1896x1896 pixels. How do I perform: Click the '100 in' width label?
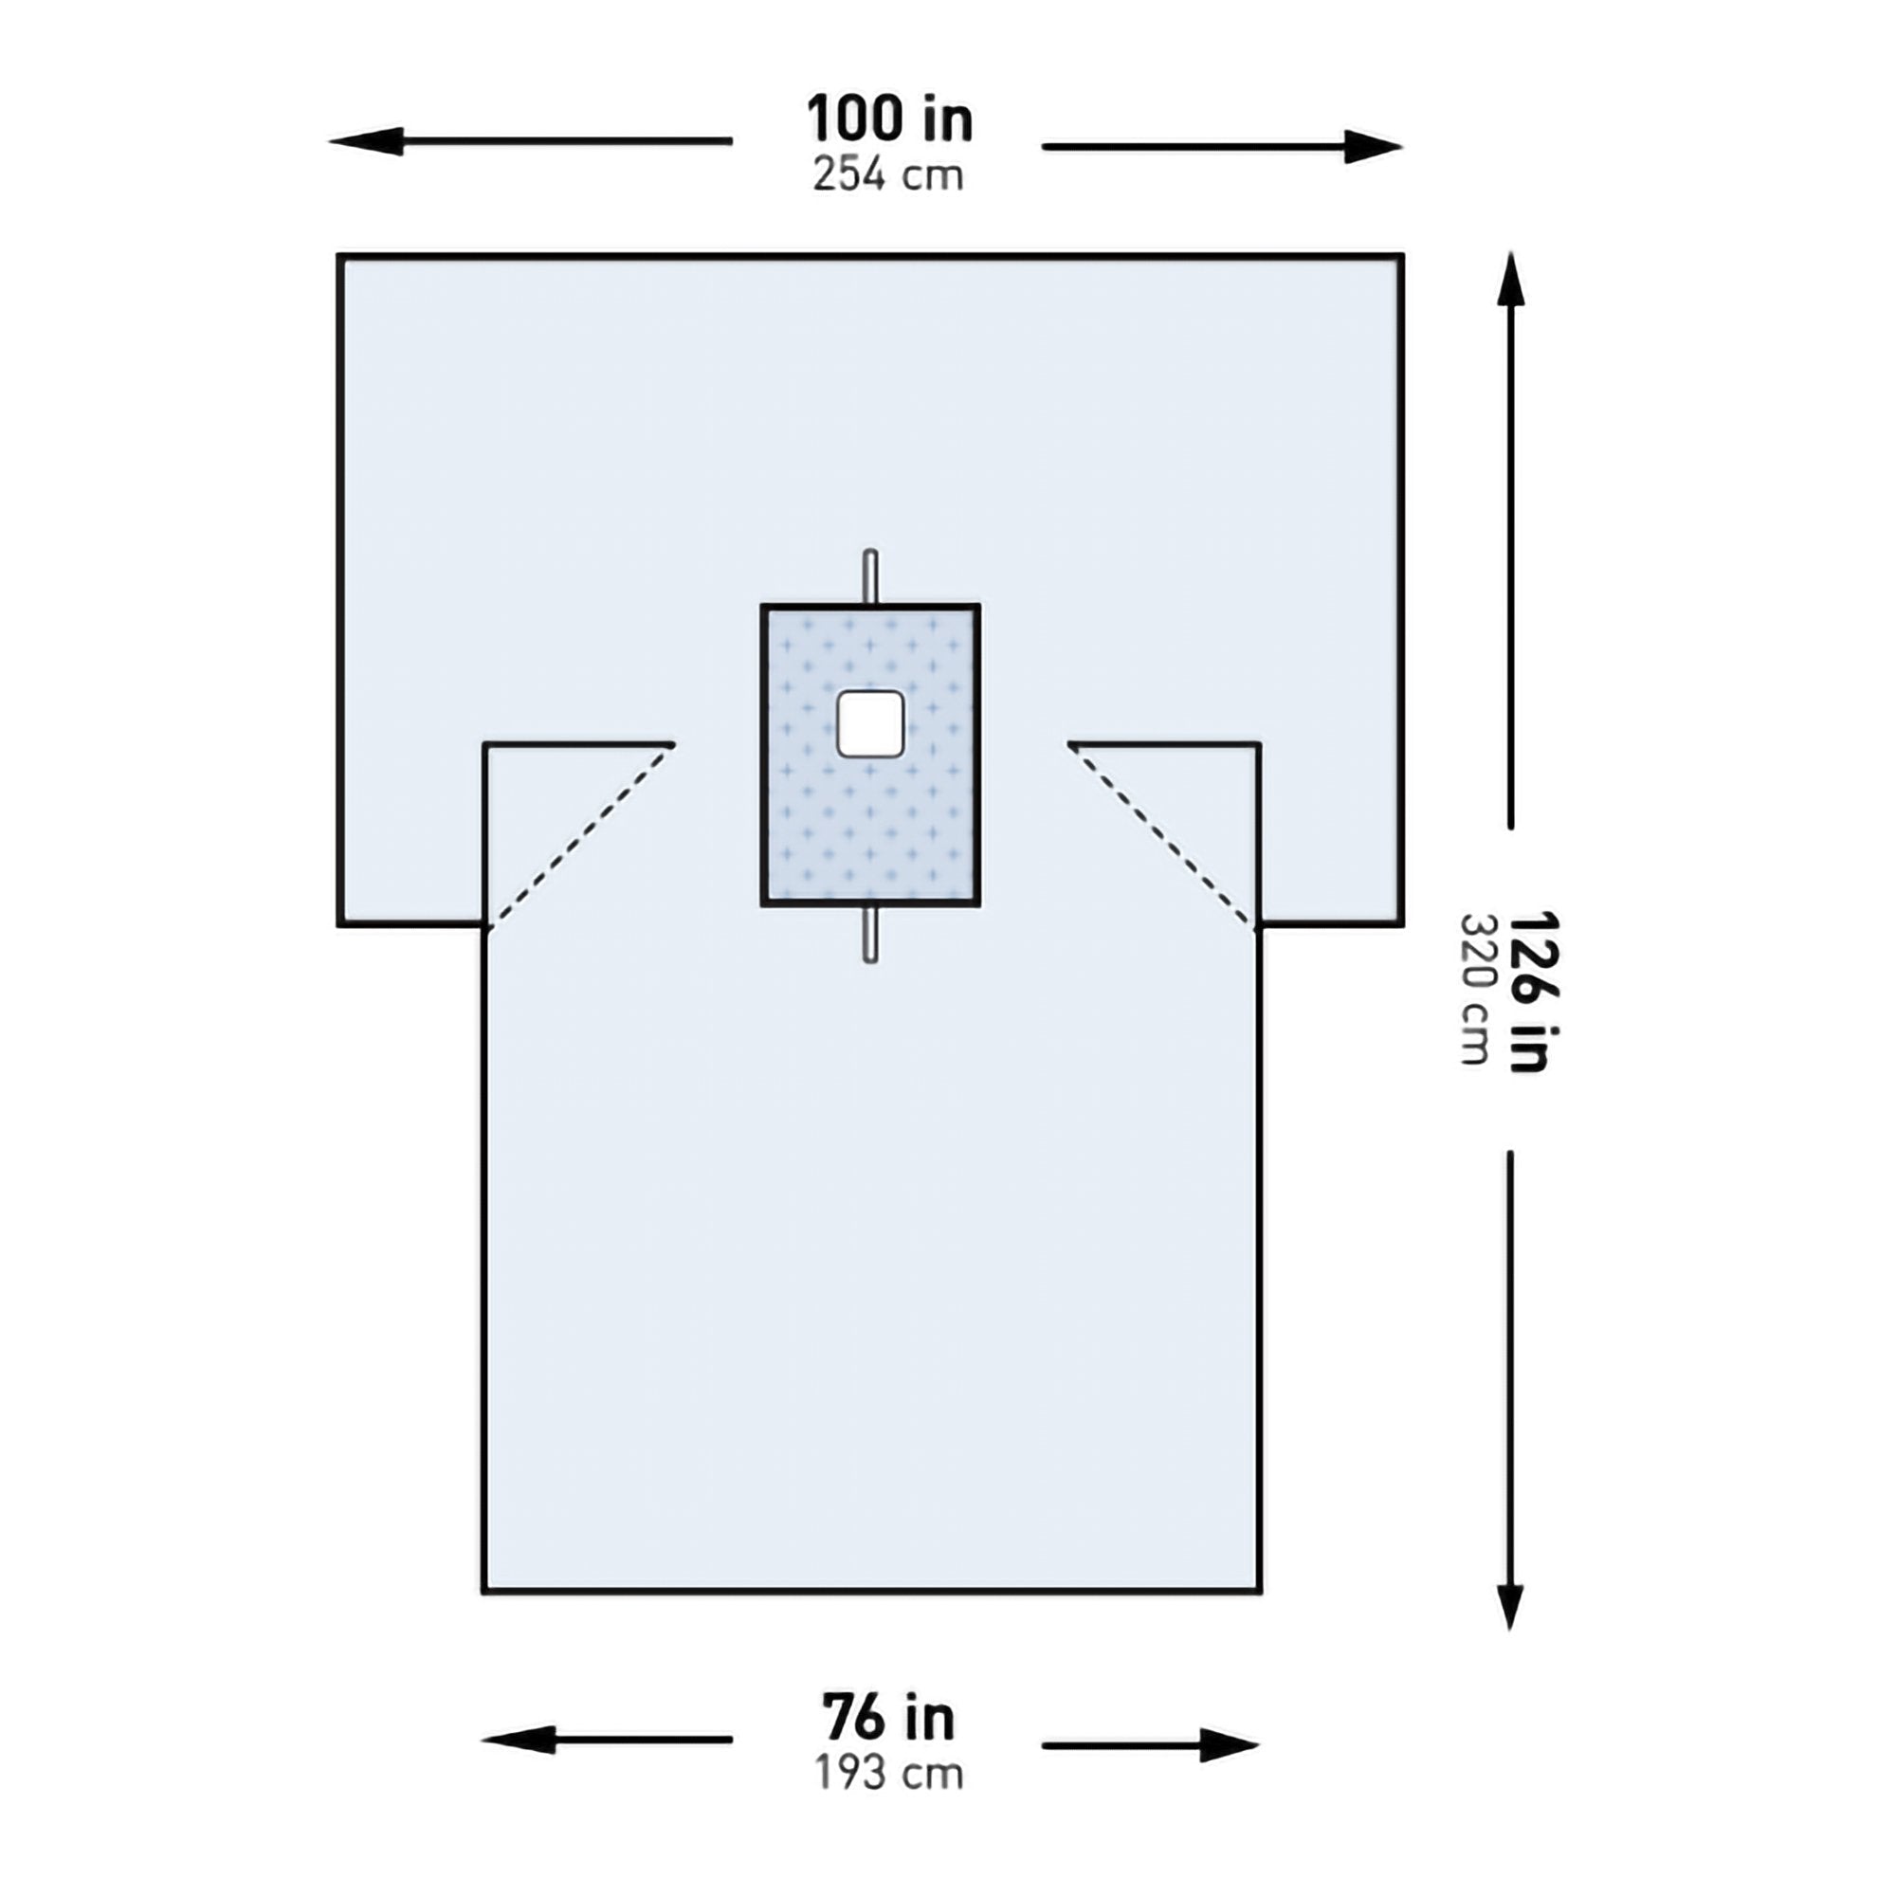889,119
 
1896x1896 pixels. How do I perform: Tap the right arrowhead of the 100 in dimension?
1374,147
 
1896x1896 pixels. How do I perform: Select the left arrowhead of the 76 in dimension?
515,1740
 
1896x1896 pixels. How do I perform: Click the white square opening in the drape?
869,723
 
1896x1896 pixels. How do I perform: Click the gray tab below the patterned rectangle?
869,935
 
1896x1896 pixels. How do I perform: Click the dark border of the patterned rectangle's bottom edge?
869,903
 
